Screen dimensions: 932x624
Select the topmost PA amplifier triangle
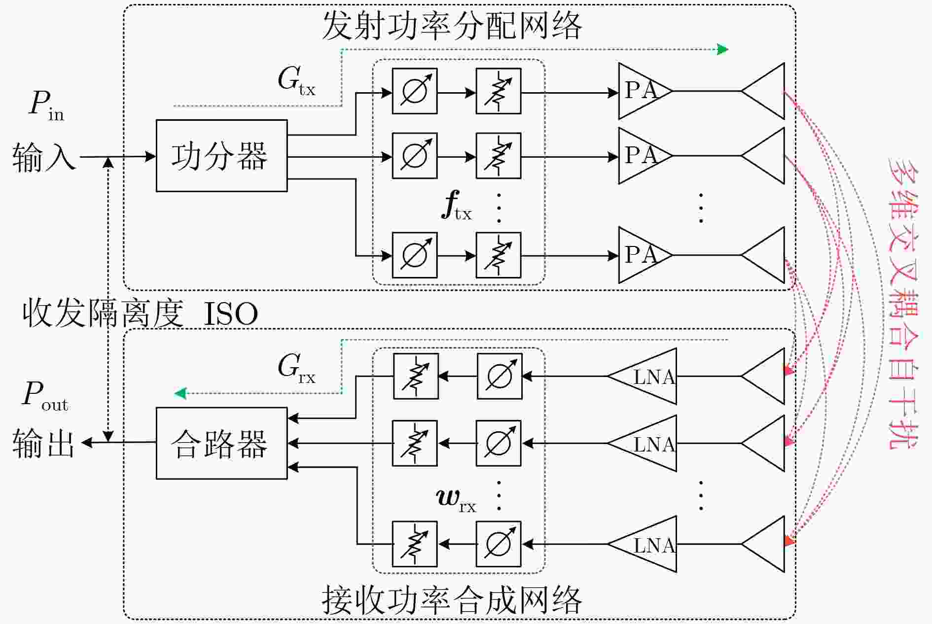[x=645, y=91]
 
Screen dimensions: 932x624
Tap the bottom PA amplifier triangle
[x=645, y=255]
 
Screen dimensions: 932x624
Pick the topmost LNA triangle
[x=642, y=377]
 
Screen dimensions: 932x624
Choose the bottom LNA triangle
[x=642, y=544]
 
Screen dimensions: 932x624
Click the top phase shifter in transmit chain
[x=415, y=91]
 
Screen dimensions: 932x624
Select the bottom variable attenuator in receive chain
[x=415, y=544]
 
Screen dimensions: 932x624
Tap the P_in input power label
[x=46, y=105]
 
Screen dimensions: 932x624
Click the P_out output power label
[x=45, y=396]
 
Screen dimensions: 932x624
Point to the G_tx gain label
[x=296, y=81]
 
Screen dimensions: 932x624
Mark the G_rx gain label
[x=296, y=368]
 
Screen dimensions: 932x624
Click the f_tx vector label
[x=457, y=206]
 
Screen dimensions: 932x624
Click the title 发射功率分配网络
[x=452, y=25]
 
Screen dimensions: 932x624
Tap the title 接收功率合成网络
[x=452, y=600]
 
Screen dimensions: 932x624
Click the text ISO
[x=231, y=314]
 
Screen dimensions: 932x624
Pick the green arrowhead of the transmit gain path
[x=723, y=49]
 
